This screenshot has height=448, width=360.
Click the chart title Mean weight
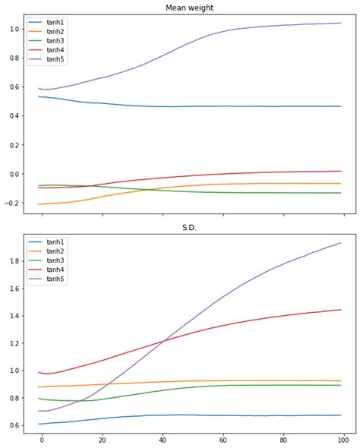189,8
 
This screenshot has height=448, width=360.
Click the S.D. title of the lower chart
189,228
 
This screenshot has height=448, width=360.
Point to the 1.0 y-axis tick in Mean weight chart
13,29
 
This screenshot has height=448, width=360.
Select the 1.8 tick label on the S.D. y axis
13,260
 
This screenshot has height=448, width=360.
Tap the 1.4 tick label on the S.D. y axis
13,316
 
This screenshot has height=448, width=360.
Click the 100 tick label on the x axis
344,439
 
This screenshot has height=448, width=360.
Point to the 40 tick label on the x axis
163,439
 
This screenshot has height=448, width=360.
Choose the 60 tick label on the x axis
223,439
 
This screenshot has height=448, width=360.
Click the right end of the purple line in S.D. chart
341,243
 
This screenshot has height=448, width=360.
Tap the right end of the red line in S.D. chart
341,309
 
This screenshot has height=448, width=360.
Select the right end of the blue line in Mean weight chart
341,106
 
